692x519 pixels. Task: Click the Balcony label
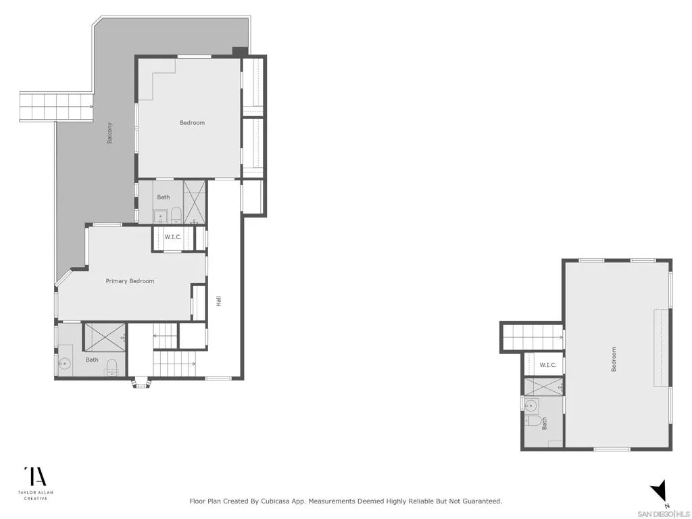tap(109, 132)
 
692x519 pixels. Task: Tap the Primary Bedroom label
tap(130, 281)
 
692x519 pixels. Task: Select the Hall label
tap(218, 301)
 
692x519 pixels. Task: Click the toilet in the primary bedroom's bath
tap(112, 367)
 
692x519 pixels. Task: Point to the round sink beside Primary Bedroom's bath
tap(66, 364)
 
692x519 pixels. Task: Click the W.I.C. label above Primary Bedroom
tap(174, 237)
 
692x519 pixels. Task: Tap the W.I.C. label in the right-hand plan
tap(547, 365)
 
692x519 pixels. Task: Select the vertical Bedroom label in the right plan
tap(614, 359)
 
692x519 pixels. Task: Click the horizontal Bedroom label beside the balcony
tap(192, 123)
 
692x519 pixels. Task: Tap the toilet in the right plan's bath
tap(535, 421)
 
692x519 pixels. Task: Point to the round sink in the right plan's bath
tap(532, 406)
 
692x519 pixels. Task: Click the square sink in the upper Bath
tap(161, 216)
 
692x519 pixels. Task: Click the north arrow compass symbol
tap(661, 493)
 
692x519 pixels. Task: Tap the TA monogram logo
tap(35, 476)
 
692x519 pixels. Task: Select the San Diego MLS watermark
tap(664, 513)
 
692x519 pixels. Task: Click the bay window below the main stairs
tap(141, 383)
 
